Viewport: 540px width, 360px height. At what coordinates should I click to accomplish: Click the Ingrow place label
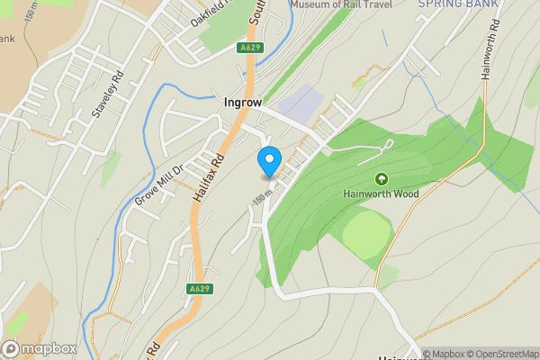coord(242,103)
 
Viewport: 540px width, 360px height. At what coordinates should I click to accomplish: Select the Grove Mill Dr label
coord(159,184)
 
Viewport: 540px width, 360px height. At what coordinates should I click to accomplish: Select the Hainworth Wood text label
coord(381,193)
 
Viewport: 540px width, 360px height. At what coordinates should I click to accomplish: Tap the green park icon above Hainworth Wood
coord(381,179)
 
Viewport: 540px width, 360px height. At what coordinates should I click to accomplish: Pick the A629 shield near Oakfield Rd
coord(250,47)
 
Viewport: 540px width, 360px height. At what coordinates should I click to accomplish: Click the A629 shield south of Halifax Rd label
coord(200,289)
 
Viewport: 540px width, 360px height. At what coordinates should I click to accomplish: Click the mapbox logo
coord(40,348)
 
